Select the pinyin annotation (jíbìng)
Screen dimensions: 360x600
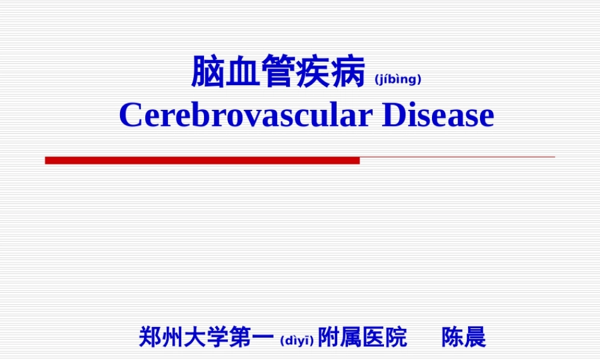pos(397,79)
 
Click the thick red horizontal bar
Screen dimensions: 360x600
pos(202,160)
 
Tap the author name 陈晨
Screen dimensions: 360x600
pos(464,337)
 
